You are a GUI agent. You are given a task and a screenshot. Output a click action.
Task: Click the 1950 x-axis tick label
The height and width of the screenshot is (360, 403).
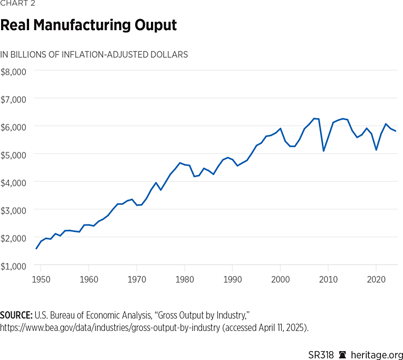click(41, 279)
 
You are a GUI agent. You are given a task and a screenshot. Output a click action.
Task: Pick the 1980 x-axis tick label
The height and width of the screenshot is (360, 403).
click(184, 279)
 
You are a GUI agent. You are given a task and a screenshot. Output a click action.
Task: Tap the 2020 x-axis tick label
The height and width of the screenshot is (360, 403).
click(377, 279)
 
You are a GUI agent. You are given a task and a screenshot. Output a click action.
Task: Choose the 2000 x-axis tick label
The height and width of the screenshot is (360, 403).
click(281, 279)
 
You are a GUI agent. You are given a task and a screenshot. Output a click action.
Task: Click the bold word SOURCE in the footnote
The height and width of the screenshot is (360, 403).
click(17, 316)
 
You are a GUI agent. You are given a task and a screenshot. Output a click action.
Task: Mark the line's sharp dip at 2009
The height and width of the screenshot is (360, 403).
click(323, 151)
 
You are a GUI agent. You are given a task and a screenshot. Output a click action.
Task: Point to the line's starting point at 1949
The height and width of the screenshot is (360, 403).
click(36, 249)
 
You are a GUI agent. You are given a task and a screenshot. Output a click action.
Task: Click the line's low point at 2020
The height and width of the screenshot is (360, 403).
click(376, 150)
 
